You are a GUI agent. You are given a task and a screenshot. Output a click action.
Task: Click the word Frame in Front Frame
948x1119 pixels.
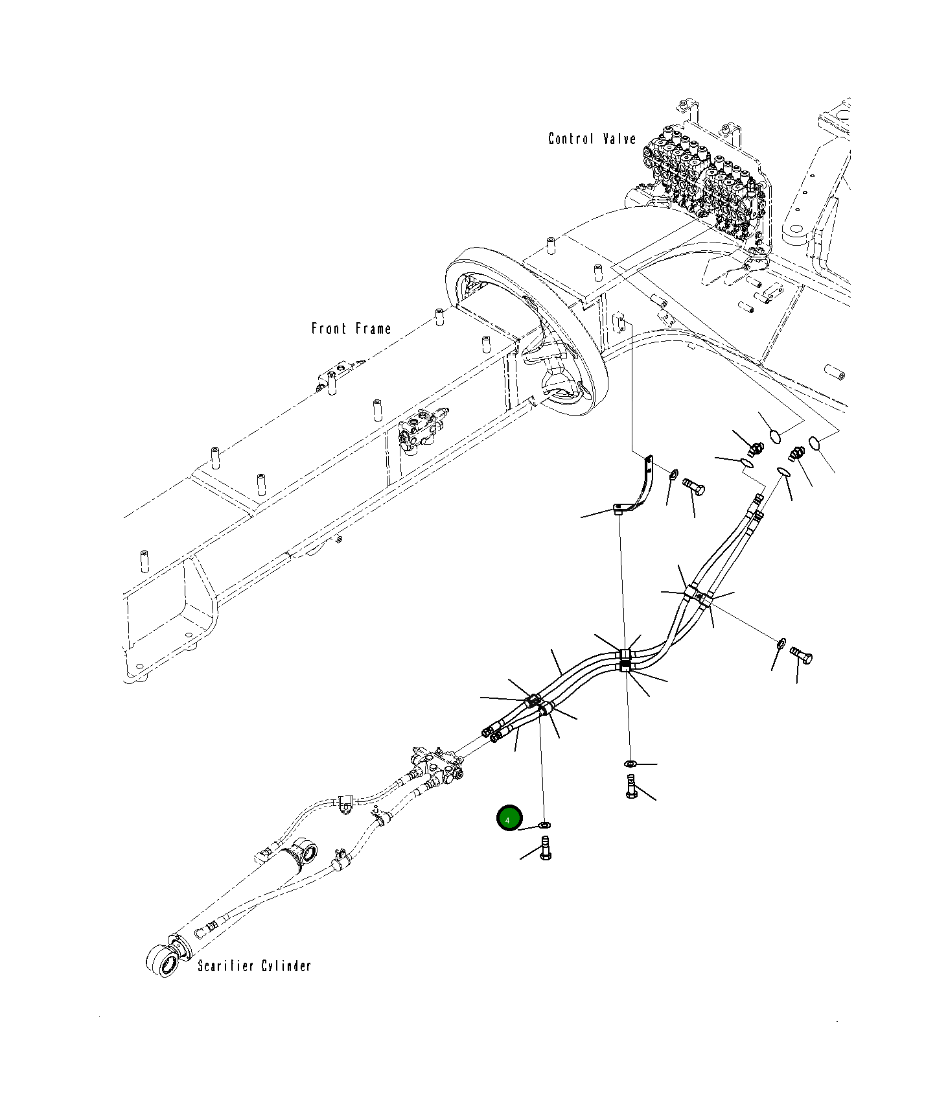373,329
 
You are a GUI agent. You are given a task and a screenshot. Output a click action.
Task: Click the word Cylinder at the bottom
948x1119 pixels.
286,966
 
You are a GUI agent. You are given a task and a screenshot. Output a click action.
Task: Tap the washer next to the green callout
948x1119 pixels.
545,825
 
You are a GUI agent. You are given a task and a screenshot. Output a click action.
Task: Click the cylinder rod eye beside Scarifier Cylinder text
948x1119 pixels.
163,962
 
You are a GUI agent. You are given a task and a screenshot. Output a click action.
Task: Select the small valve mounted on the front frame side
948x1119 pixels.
421,431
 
